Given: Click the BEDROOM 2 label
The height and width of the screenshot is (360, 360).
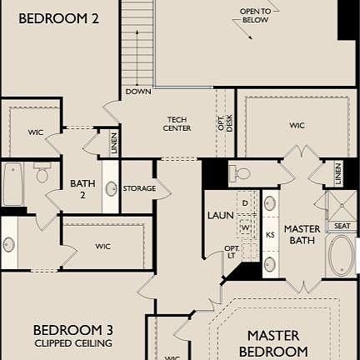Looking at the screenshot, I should [54, 17].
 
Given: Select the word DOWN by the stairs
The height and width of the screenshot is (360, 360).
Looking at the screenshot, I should [138, 91].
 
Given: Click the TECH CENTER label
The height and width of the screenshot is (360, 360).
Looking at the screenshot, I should [178, 123].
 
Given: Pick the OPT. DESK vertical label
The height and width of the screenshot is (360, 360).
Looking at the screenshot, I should [225, 122].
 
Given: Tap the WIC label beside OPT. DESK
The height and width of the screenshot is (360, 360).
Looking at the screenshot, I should [297, 126].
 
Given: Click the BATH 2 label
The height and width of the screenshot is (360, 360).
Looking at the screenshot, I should [82, 188].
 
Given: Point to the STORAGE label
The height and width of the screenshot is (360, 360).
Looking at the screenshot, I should [139, 188].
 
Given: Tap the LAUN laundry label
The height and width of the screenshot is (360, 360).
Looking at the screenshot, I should [219, 215].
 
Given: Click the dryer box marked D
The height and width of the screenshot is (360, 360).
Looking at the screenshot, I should [246, 202].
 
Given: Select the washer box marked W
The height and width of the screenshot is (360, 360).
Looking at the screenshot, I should [246, 225].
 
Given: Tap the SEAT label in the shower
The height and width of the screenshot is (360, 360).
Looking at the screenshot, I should [342, 226].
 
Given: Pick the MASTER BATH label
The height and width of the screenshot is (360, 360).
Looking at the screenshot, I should [302, 233].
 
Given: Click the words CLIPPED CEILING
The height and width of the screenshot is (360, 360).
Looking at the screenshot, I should [73, 342].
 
